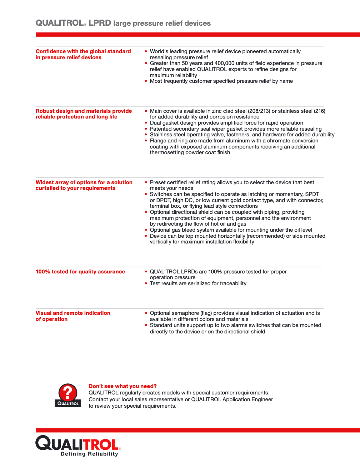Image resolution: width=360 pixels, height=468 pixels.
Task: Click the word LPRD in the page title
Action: click(x=100, y=23)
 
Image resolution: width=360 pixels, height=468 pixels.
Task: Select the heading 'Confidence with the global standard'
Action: click(x=83, y=51)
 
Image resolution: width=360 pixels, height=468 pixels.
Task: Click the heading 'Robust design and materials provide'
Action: click(x=84, y=111)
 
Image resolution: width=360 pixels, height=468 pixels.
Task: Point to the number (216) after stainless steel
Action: click(x=319, y=111)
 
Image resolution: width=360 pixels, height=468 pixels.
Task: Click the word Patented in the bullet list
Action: click(x=161, y=129)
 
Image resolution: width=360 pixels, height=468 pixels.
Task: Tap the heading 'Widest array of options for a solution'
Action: click(x=84, y=182)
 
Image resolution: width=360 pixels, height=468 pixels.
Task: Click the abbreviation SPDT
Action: click(x=312, y=194)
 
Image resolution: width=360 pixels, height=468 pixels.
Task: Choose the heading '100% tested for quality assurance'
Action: click(x=80, y=272)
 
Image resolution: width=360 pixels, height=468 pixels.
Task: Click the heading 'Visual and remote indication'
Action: click(x=73, y=313)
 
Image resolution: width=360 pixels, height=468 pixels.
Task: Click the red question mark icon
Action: click(x=67, y=393)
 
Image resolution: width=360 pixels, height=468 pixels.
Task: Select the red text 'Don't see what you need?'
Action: click(x=122, y=386)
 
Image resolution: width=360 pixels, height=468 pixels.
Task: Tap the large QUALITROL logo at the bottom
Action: click(x=77, y=443)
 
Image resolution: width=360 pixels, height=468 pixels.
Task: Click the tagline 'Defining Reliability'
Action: click(x=89, y=454)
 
